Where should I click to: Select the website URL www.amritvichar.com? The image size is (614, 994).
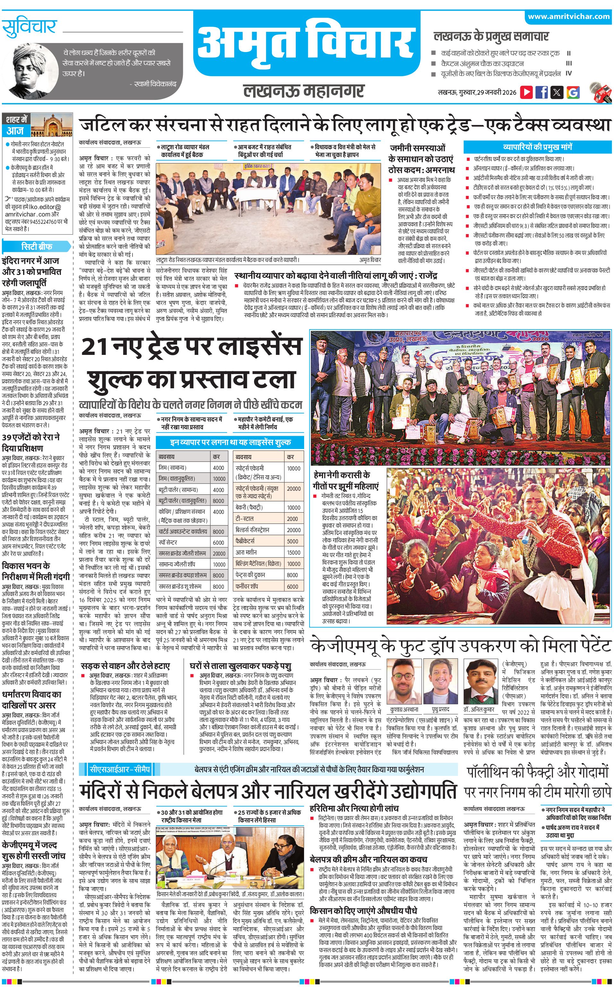(x=568, y=17)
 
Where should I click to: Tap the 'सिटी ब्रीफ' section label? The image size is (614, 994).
(x=37, y=246)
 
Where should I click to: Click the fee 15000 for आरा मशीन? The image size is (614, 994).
(x=293, y=552)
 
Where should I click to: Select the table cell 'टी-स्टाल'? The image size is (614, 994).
(x=244, y=519)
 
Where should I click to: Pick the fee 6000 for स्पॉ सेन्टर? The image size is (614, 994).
(x=218, y=542)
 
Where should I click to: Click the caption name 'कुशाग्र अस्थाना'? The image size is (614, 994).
(x=404, y=709)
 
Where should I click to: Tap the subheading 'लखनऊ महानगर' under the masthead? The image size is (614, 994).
(x=303, y=91)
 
